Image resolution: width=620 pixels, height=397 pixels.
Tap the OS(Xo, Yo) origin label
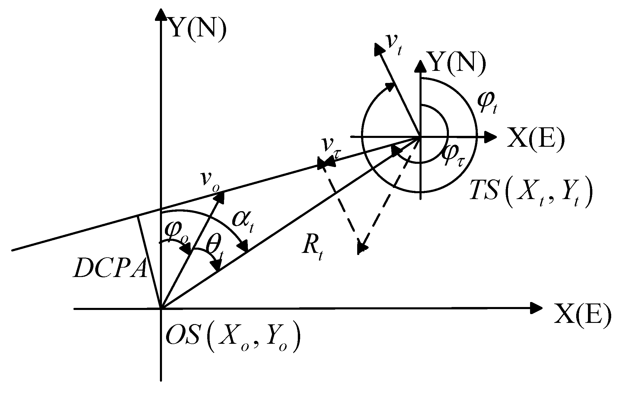point(232,338)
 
